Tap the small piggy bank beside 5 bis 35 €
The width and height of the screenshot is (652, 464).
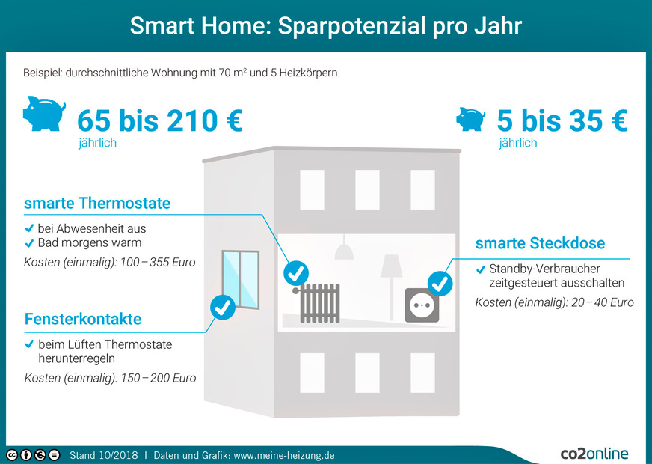coord(471,119)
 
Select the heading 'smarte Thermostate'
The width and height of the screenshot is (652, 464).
coord(97,203)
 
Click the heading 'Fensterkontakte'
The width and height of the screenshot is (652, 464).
coord(82,320)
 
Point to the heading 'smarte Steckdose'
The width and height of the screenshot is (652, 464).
coord(540,243)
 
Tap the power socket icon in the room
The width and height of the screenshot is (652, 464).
coord(422,305)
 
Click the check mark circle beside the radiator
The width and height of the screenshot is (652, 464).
coord(296,272)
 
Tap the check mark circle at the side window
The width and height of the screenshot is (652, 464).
coord(223,306)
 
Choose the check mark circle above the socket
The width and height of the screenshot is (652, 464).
coord(440,283)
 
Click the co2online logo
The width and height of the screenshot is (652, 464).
coord(594,454)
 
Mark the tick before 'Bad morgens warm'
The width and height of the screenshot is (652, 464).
coord(29,242)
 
